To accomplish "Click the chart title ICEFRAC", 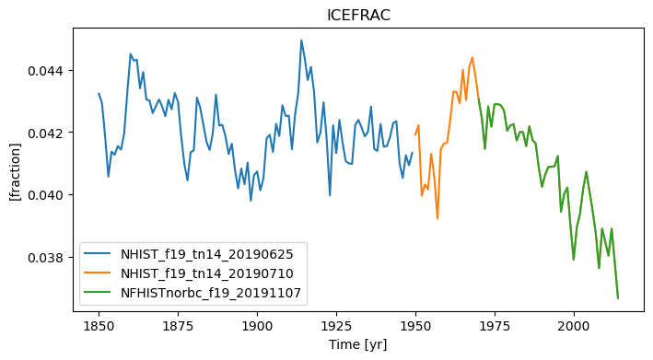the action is (358, 16).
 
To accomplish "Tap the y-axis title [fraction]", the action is (15, 172).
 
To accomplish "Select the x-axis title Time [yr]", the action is (358, 344).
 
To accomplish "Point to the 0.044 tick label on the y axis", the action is (46, 71).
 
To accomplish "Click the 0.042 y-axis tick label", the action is (46, 133).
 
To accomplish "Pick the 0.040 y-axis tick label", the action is (46, 195).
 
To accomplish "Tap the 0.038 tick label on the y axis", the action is (46, 258).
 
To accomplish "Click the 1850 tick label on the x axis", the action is (99, 326).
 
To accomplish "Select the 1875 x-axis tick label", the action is (178, 326).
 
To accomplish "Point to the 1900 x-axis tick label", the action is (257, 326).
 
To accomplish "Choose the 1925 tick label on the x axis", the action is (336, 326).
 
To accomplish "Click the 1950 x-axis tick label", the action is (415, 326).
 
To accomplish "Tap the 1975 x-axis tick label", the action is (495, 326).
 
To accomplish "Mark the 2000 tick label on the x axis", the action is (574, 326).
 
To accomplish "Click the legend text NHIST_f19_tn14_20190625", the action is (207, 254).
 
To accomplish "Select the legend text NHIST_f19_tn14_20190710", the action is (207, 273).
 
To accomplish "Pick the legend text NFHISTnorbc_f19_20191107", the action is (211, 293).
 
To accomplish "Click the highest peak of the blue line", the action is (301, 41).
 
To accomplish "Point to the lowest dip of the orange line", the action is (437, 218).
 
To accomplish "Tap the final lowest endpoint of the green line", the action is (618, 298).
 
